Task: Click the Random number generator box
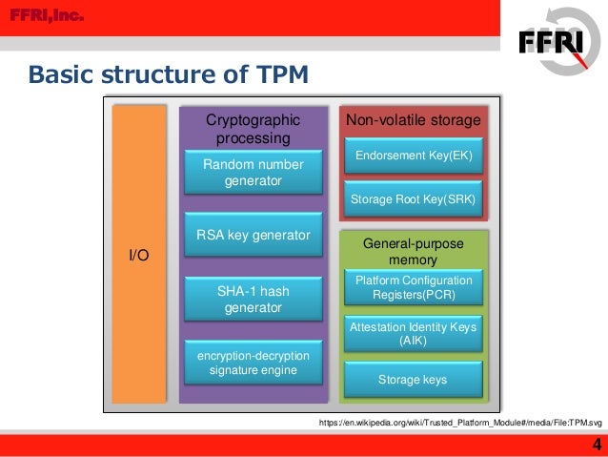(x=253, y=173)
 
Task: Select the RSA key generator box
(x=253, y=236)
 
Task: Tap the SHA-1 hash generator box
(x=253, y=299)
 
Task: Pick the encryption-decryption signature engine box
(x=253, y=363)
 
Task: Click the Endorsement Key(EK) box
(x=413, y=155)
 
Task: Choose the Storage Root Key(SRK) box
(x=413, y=200)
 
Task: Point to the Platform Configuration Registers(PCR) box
(x=413, y=287)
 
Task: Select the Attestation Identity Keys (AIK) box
(x=413, y=334)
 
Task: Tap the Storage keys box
(x=413, y=380)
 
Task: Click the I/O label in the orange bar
(x=139, y=256)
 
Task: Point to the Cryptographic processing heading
(x=253, y=129)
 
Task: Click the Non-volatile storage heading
(x=413, y=120)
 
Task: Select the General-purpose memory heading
(x=413, y=252)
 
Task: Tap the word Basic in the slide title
(x=59, y=73)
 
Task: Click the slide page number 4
(x=597, y=444)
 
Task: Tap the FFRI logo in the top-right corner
(x=557, y=42)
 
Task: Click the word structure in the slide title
(x=155, y=73)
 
